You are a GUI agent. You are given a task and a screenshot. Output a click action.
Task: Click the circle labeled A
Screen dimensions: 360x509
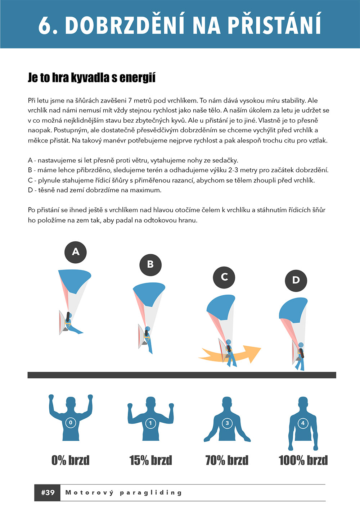pos(76,252)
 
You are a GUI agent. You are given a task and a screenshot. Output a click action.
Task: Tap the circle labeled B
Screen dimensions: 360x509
pos(150,265)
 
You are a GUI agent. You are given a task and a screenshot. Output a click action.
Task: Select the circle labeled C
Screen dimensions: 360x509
pos(224,277)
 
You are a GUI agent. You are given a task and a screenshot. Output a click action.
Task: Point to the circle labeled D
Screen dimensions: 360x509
pos(296,281)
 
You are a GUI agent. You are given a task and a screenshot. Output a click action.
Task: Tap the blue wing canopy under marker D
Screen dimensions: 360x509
pos(293,310)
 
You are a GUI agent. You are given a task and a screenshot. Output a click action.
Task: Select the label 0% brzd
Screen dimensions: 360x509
pos(71,460)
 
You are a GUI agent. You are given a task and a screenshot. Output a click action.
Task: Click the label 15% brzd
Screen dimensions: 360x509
pos(150,460)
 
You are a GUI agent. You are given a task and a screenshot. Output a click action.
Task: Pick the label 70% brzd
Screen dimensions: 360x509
pos(227,460)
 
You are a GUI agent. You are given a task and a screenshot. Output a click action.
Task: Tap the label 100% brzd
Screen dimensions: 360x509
pos(303,460)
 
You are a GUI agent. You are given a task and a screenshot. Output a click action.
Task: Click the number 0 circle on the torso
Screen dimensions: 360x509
pos(71,423)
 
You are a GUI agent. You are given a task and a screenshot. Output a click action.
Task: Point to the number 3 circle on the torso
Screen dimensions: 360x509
pos(227,423)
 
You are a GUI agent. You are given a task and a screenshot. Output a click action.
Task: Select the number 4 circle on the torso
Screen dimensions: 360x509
pos(303,423)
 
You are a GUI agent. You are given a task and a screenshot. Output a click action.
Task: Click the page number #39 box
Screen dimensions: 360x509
pos(48,493)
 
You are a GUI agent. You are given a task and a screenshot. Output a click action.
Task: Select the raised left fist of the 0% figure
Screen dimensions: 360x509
pos(51,397)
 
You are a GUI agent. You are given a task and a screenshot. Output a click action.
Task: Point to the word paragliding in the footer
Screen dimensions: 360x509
pos(151,493)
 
